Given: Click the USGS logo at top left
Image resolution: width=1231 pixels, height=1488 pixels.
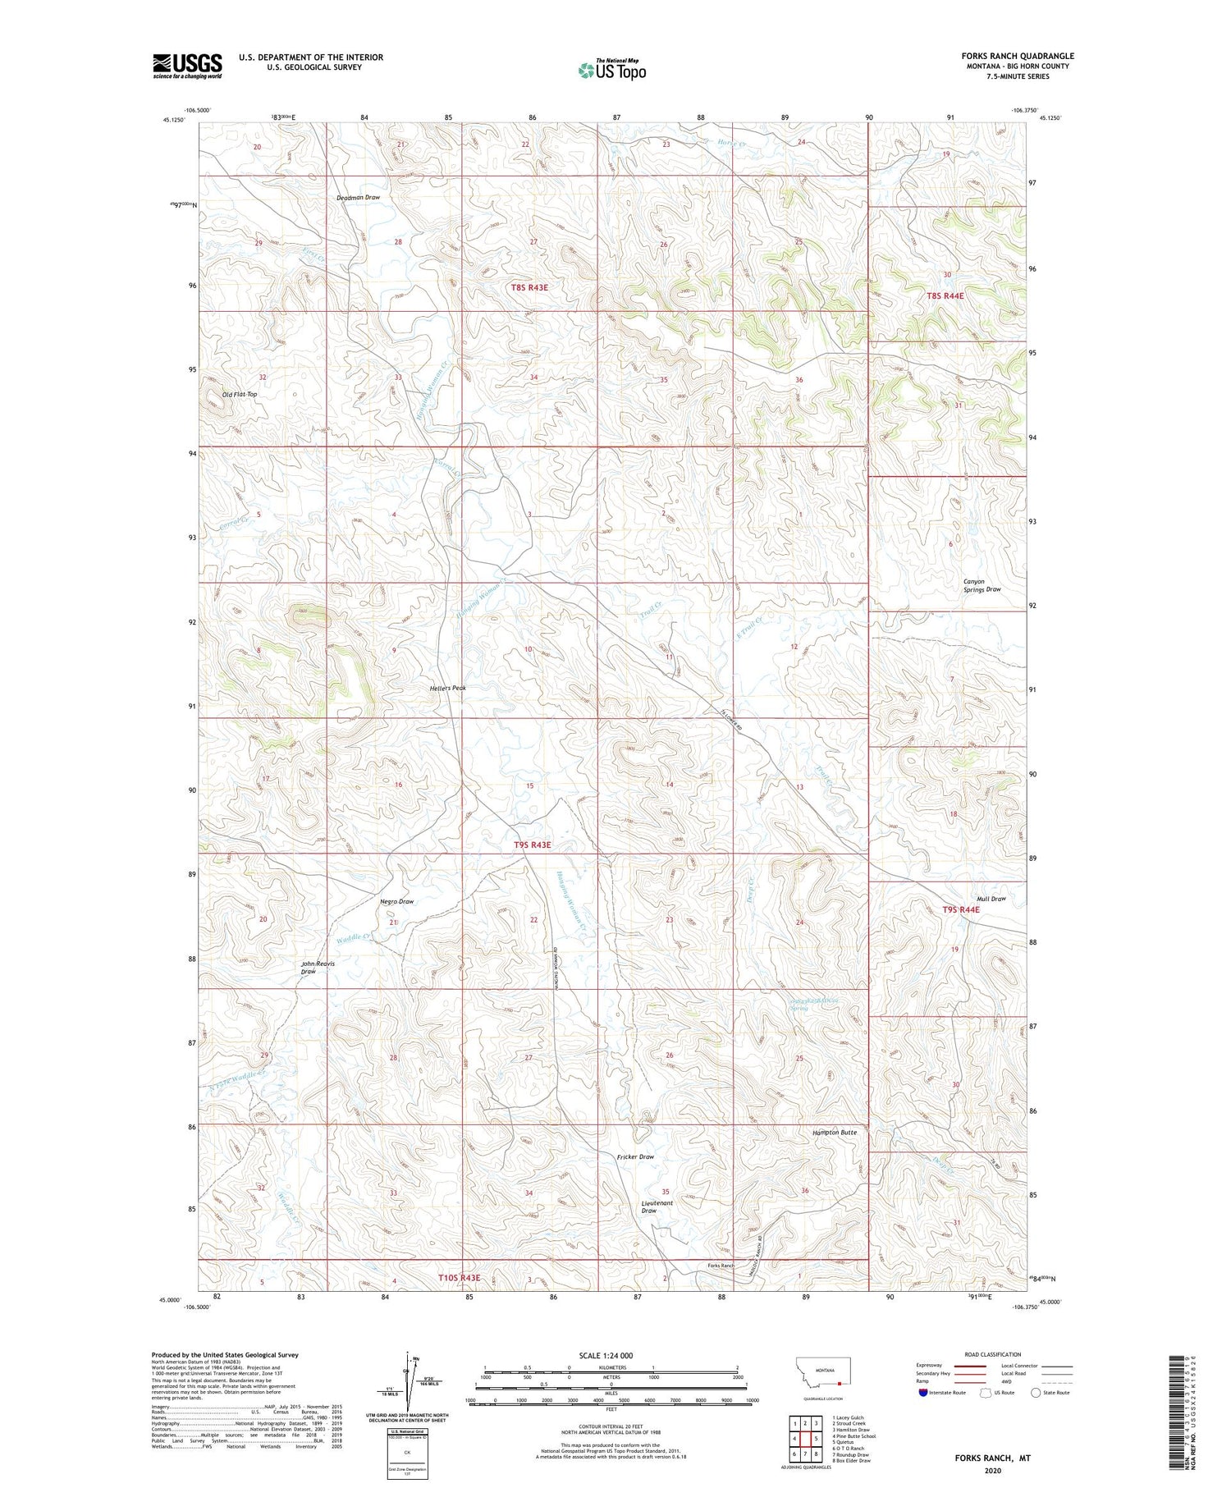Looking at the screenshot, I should tap(187, 66).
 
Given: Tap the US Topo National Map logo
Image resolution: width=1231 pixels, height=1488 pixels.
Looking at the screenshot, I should tap(612, 70).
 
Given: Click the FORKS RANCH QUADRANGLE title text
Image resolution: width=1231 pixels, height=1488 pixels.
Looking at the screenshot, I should tap(1018, 56).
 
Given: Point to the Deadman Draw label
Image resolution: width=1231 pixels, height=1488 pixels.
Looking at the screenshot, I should tap(358, 198).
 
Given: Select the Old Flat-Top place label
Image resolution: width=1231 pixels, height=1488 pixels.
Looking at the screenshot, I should tap(240, 394).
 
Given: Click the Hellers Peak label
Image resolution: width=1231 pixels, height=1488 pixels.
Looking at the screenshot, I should tap(448, 688).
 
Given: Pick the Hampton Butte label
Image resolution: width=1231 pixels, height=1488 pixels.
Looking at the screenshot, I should tap(834, 1132).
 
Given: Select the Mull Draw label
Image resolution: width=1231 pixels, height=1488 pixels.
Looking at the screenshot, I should tap(991, 899).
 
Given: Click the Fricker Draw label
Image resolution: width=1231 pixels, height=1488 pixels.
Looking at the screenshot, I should tap(635, 1156).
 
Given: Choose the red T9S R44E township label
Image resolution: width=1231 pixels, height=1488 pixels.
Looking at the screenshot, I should tap(960, 909).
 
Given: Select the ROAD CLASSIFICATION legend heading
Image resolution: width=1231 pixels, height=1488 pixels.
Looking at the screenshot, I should tap(992, 1354).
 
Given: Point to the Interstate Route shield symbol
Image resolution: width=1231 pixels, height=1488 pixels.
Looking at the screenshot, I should tap(924, 1393).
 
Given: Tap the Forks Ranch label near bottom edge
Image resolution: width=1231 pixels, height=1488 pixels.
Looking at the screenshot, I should tap(721, 1266).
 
